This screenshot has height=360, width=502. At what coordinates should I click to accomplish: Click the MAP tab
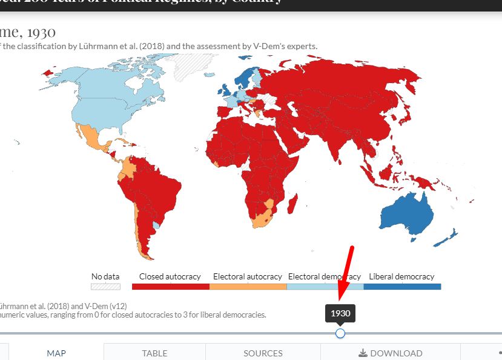pos(56,353)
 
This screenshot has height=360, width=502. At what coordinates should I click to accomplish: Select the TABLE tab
pos(154,353)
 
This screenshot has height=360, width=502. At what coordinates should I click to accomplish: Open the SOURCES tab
pos(263,353)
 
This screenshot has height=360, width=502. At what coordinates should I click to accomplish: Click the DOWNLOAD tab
pos(390,353)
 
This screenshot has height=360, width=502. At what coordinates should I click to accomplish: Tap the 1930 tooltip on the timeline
pos(340,314)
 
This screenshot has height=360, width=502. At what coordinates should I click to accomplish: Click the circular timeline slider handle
pos(340,333)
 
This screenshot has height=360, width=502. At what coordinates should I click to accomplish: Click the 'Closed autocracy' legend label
pos(170,276)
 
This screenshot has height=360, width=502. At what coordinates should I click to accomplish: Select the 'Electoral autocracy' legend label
pos(247,276)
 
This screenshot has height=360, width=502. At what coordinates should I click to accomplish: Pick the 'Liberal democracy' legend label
pos(401,276)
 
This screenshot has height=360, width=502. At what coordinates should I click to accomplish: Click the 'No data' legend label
pos(105,276)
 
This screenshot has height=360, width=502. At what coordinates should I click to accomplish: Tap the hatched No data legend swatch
pos(105,287)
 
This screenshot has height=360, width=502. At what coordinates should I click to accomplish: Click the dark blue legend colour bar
pos(402,287)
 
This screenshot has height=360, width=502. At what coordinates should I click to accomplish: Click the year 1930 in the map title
pos(38,32)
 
